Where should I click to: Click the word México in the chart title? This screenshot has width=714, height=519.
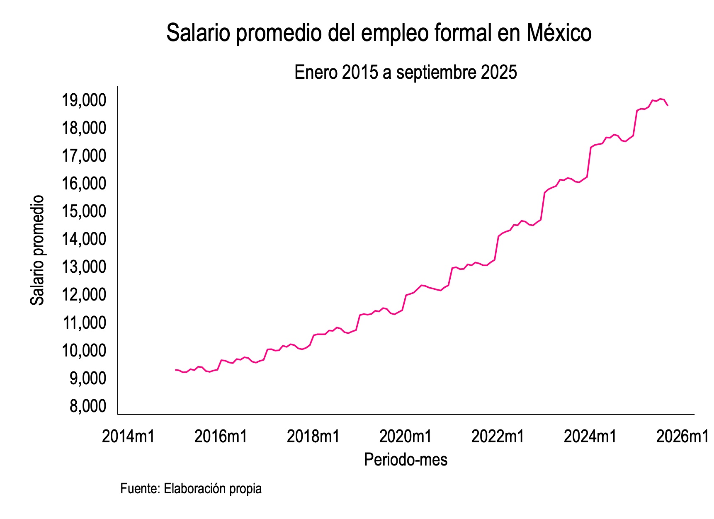pos(559,33)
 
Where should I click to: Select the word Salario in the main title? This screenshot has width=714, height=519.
pos(198,33)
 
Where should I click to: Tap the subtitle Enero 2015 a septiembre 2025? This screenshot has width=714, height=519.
pos(406,73)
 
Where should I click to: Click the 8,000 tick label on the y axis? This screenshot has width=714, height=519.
pos(87,407)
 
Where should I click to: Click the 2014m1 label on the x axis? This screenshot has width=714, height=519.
pos(128,437)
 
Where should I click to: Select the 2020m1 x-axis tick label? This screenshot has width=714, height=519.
pos(406,437)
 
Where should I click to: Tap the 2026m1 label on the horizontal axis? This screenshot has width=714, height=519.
pos(682,437)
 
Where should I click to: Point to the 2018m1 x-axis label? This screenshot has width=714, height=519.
pos(313,437)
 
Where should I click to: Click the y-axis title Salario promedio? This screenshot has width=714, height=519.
pos(37,250)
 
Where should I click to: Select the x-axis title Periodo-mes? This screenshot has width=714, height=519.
pos(406,460)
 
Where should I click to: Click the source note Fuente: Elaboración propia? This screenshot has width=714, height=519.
pos(191,489)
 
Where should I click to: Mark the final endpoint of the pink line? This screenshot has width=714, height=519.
pos(667,105)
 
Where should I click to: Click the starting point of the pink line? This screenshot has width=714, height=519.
pos(175,370)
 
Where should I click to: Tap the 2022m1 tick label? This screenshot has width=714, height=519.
pos(498,437)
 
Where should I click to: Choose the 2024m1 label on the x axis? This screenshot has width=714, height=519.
pos(590,437)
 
